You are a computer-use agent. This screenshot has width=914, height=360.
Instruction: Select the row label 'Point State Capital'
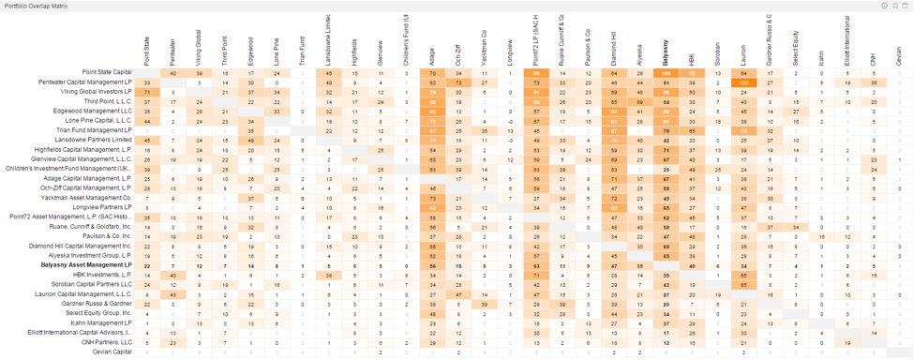coord(107,72)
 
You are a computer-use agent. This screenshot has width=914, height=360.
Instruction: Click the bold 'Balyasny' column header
coord(665,52)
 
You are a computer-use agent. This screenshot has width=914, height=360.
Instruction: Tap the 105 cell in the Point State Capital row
coord(665,72)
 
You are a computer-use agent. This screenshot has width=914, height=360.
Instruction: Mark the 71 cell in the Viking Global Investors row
coord(147,93)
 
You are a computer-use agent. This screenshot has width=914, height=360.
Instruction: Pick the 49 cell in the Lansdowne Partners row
coord(250,141)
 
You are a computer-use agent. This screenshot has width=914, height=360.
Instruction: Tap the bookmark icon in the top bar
coord(895,6)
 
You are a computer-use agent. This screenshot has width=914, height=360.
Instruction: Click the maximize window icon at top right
coord(906,6)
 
